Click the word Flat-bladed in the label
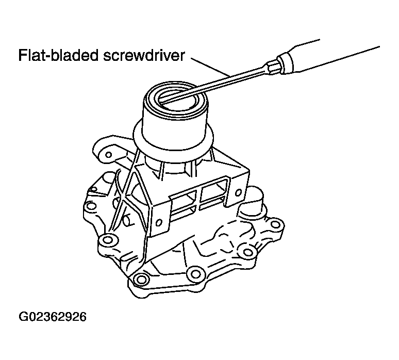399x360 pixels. point(58,55)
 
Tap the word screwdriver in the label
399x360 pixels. point(143,55)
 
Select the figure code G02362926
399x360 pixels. point(53,317)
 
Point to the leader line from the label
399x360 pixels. point(210,67)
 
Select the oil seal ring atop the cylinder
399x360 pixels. point(176,97)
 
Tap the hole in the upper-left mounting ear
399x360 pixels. point(108,155)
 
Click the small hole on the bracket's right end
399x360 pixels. point(239,192)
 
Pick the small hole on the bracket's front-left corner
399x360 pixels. point(159,223)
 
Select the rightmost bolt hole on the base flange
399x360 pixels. point(275,224)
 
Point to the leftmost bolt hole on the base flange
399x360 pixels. point(90,206)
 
